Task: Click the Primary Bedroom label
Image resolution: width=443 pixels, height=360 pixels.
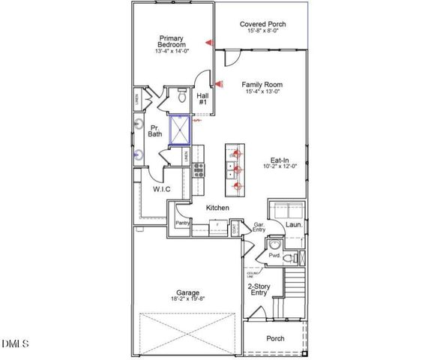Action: (171, 42)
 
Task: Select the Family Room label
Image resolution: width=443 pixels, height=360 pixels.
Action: (261, 85)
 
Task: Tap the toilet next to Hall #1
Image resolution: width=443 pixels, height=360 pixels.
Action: (181, 96)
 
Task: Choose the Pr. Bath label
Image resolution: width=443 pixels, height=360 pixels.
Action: (155, 130)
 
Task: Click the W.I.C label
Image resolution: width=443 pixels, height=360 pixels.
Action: (161, 190)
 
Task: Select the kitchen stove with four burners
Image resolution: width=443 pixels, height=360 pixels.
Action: (198, 169)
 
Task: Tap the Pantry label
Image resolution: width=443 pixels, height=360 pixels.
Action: (182, 223)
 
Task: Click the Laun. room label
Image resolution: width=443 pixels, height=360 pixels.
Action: (294, 223)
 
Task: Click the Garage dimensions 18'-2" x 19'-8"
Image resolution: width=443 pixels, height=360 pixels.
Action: (188, 298)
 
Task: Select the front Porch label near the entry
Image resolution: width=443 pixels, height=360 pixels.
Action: (275, 339)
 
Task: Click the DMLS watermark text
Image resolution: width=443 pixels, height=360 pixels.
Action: (14, 343)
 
